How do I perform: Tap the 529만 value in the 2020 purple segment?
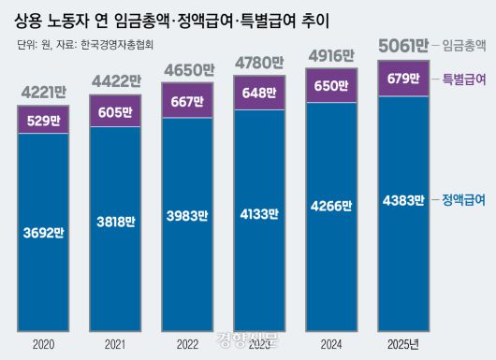[43, 120]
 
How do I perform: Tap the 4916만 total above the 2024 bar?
[330, 57]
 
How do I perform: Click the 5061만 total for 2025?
[401, 44]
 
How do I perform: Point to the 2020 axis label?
[43, 344]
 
